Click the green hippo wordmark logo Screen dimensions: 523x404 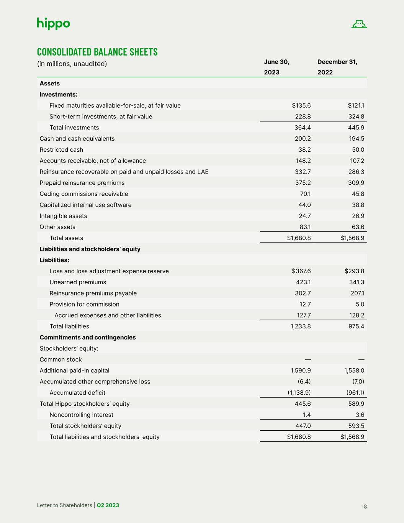click(x=53, y=24)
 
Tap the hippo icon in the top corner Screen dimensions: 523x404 click(x=359, y=24)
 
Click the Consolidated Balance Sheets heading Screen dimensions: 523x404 click(x=97, y=52)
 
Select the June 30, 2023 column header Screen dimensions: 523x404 click(x=276, y=67)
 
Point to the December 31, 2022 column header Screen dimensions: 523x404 click(x=337, y=67)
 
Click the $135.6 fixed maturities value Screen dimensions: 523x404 click(x=301, y=105)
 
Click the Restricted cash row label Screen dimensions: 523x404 click(x=61, y=150)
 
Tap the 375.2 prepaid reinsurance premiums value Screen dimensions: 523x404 click(x=303, y=183)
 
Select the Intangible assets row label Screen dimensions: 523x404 click(x=63, y=216)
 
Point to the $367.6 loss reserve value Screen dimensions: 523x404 click(x=301, y=271)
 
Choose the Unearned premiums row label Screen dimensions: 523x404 click(x=78, y=282)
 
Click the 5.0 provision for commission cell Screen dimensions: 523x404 click(x=360, y=305)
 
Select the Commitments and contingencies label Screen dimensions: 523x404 click(x=88, y=338)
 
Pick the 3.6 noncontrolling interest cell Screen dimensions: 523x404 click(x=360, y=415)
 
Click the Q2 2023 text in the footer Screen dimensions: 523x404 click(x=108, y=505)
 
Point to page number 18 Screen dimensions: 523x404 click(x=364, y=507)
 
